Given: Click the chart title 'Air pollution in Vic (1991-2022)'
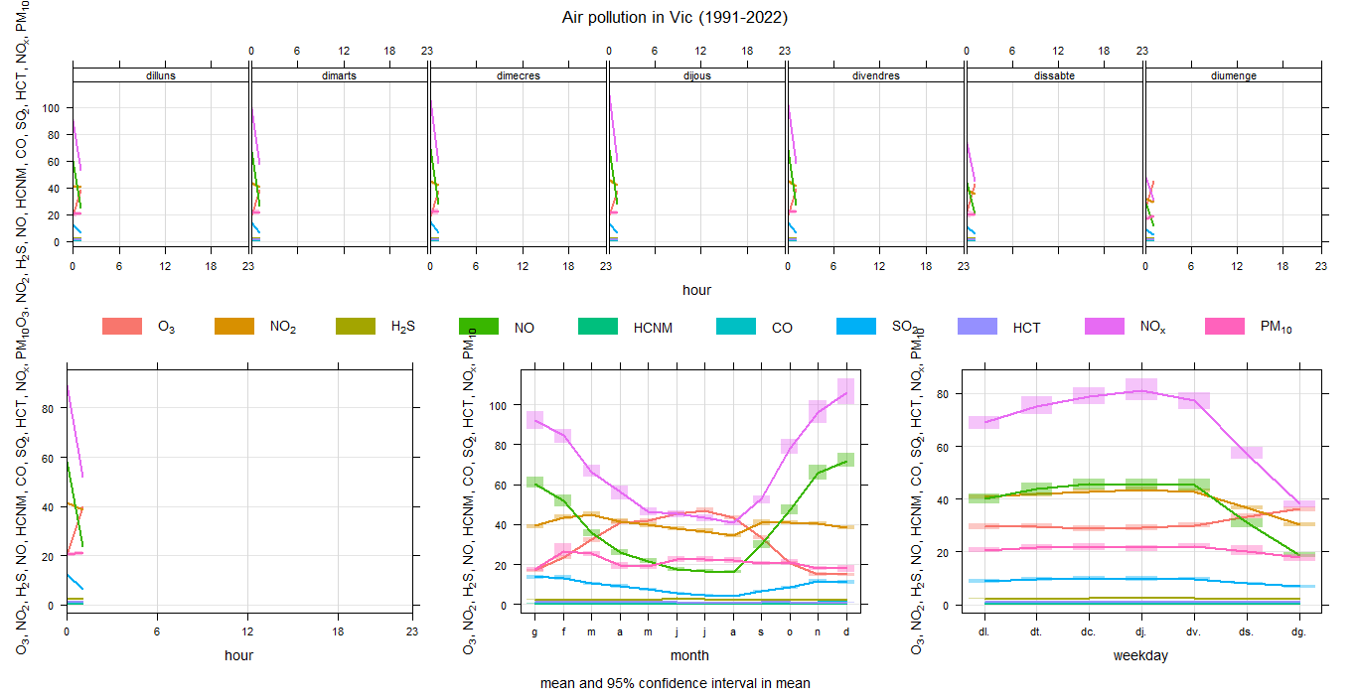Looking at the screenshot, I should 675,17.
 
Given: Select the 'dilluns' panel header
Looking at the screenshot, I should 160,75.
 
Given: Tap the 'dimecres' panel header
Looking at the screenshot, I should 518,75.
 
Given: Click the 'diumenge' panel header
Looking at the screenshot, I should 1233,75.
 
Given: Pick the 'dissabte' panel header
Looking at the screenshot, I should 1054,75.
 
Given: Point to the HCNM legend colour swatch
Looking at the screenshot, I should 598,326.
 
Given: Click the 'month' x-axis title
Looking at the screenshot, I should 689,655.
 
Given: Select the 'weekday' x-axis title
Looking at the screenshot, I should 1140,655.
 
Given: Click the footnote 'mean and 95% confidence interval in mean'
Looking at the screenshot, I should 675,683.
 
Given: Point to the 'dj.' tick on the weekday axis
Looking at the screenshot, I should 1140,630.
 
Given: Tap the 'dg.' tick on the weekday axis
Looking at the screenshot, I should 1298,630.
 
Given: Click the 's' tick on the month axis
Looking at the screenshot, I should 761,630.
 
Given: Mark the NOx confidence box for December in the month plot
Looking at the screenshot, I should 846,391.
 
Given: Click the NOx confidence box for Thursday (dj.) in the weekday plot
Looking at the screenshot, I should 1141,388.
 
